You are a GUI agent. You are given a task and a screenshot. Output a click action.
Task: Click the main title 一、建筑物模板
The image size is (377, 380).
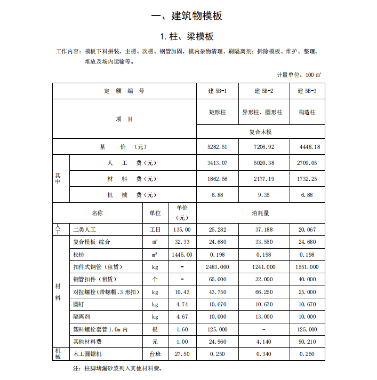point(187,15)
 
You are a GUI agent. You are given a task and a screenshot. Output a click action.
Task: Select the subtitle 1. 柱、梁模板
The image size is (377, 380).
point(187,36)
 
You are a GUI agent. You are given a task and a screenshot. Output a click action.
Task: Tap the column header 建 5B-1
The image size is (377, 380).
point(217,91)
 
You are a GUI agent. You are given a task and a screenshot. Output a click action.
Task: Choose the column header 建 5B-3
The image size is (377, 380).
point(307,91)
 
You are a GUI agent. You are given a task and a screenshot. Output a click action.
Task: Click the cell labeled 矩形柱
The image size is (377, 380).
point(217,113)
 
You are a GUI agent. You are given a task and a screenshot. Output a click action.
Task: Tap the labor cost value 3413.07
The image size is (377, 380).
point(217,163)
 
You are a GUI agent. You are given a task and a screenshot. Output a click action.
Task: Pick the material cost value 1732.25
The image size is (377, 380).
point(307,179)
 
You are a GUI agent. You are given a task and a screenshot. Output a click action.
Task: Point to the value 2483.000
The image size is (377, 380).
point(217,267)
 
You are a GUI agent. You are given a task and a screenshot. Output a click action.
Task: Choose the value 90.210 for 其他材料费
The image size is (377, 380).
point(307,342)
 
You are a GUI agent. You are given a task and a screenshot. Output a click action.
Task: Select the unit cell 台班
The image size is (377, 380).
point(155,354)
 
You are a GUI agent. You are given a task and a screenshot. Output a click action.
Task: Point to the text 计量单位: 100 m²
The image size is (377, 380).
point(299,75)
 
